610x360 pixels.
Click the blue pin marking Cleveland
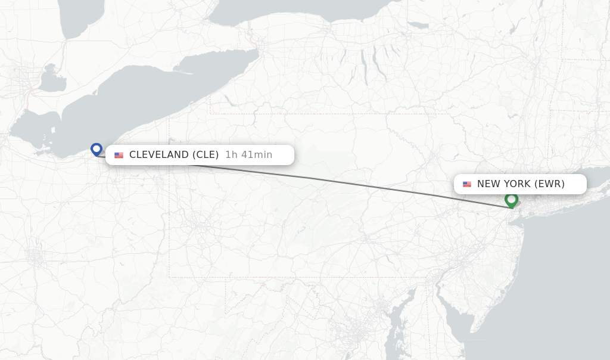pyautogui.click(x=97, y=149)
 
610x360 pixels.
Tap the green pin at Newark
pyautogui.click(x=511, y=200)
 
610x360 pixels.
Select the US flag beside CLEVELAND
pyautogui.click(x=119, y=155)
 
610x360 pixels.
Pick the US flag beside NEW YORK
pyautogui.click(x=467, y=184)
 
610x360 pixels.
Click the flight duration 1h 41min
pyautogui.click(x=248, y=155)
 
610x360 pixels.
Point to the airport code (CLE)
pyautogui.click(x=206, y=155)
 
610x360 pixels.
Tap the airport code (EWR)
pyautogui.click(x=549, y=184)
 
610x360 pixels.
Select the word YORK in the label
pyautogui.click(x=517, y=184)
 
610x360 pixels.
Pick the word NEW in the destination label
pyautogui.click(x=488, y=184)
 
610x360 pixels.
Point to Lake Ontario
pyautogui.click(x=298, y=12)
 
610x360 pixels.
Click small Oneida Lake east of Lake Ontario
pyautogui.click(x=418, y=25)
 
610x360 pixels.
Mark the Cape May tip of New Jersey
pyautogui.click(x=472, y=331)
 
